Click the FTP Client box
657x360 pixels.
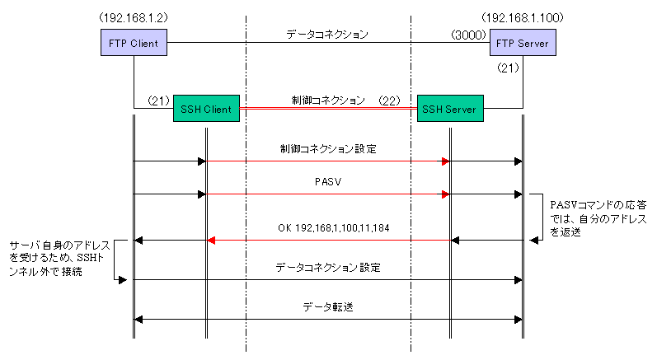(x=134, y=43)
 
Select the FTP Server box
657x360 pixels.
(x=523, y=43)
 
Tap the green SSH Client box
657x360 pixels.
(x=205, y=109)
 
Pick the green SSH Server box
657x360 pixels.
(x=449, y=109)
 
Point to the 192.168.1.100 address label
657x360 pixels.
(x=520, y=16)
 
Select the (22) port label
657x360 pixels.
(x=390, y=101)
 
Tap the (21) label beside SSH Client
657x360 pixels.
(x=159, y=101)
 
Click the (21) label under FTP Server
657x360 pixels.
(x=509, y=69)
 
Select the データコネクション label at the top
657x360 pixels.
(x=327, y=35)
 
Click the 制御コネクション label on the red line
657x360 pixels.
(x=327, y=101)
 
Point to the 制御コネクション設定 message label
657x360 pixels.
(x=327, y=150)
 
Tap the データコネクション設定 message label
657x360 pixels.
(x=327, y=268)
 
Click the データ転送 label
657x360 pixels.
(x=327, y=306)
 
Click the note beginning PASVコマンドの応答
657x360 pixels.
(x=586, y=216)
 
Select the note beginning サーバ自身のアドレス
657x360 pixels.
(x=58, y=259)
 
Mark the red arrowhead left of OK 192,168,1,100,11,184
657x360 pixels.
(x=210, y=240)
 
